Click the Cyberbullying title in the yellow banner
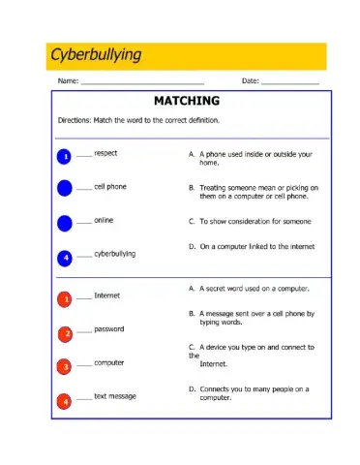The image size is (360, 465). click(96, 54)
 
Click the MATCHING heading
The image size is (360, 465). click(187, 101)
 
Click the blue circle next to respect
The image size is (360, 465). click(65, 156)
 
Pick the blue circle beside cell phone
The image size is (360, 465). click(65, 188)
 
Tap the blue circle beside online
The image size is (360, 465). click(65, 223)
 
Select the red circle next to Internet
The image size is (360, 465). click(65, 300)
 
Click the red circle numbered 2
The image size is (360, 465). click(65, 334)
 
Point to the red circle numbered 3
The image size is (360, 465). click(65, 367)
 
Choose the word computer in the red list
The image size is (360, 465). click(109, 362)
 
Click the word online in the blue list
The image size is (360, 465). click(104, 220)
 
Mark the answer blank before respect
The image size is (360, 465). click(84, 154)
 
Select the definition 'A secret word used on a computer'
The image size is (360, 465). click(254, 289)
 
